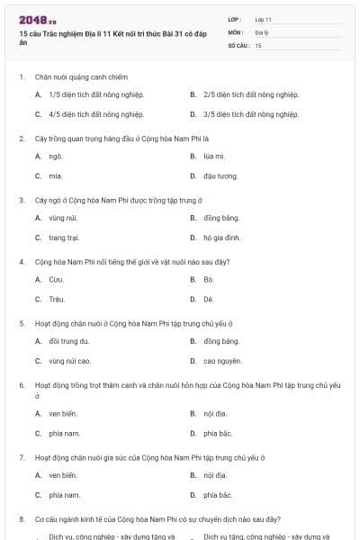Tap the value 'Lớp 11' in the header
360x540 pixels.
click(263, 19)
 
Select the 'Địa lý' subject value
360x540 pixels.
click(261, 31)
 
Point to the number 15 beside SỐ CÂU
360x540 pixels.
click(258, 44)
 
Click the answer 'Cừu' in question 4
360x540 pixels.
click(56, 279)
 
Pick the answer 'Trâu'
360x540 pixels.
click(57, 299)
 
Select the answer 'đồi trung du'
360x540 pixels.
click(69, 341)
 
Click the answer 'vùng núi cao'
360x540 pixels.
click(70, 361)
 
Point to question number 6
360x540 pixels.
click(22, 384)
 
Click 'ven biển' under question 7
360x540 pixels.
click(63, 474)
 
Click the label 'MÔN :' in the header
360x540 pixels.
click(236, 31)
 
